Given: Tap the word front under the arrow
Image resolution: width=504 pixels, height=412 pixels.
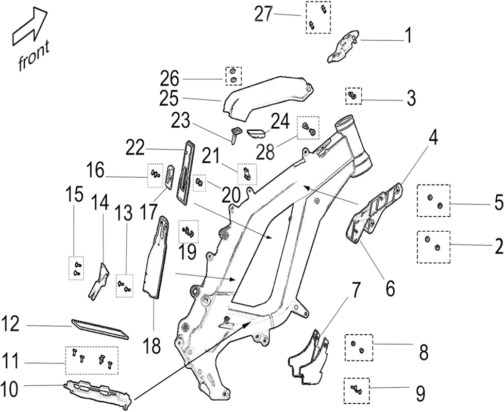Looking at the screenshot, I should pyautogui.click(x=34, y=56).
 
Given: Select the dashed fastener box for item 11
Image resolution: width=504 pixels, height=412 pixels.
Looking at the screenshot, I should pyautogui.click(x=92, y=360).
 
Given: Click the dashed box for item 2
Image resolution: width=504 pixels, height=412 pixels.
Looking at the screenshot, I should pyautogui.click(x=433, y=246).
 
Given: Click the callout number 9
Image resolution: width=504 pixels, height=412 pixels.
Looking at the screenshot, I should pyautogui.click(x=421, y=394).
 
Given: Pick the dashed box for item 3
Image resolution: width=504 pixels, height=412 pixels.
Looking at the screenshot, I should pyautogui.click(x=353, y=95).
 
